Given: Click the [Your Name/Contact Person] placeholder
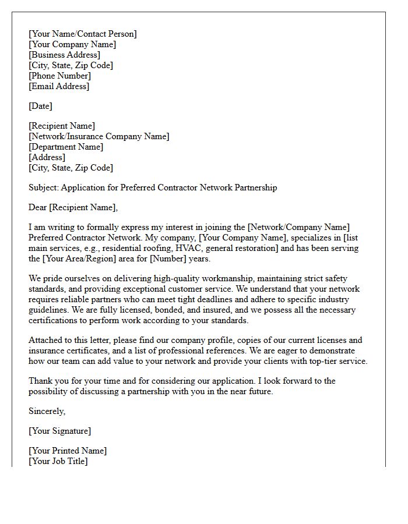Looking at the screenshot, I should (83, 34).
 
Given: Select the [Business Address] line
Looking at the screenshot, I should (64, 55).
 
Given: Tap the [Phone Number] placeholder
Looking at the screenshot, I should (59, 76).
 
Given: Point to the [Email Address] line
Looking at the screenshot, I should (59, 86).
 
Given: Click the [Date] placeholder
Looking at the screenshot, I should (40, 106).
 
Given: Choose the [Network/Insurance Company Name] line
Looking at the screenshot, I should (99, 136).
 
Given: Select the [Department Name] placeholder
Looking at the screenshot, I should (66, 147).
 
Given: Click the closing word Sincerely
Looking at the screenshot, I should (47, 411).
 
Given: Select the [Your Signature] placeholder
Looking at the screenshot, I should (59, 431).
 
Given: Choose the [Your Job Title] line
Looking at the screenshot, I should (58, 461).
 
